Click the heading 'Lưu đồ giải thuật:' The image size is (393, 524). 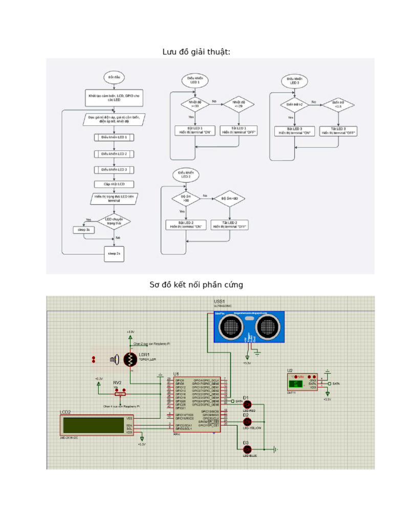pos(196,52)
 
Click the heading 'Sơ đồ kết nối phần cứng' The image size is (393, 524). pos(196,285)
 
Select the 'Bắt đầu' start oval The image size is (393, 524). pos(113,78)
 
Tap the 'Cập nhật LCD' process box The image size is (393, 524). pos(114,184)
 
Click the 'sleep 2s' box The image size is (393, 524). pos(114,253)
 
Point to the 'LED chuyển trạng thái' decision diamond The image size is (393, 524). pos(114,221)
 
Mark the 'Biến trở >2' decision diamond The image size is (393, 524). pos(295,104)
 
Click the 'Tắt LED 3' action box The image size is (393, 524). pos(338,130)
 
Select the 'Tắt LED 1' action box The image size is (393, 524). pos(238,130)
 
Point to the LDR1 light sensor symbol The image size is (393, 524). pos(130,360)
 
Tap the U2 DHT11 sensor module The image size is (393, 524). pos(302,382)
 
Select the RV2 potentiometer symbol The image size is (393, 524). pos(120,394)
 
